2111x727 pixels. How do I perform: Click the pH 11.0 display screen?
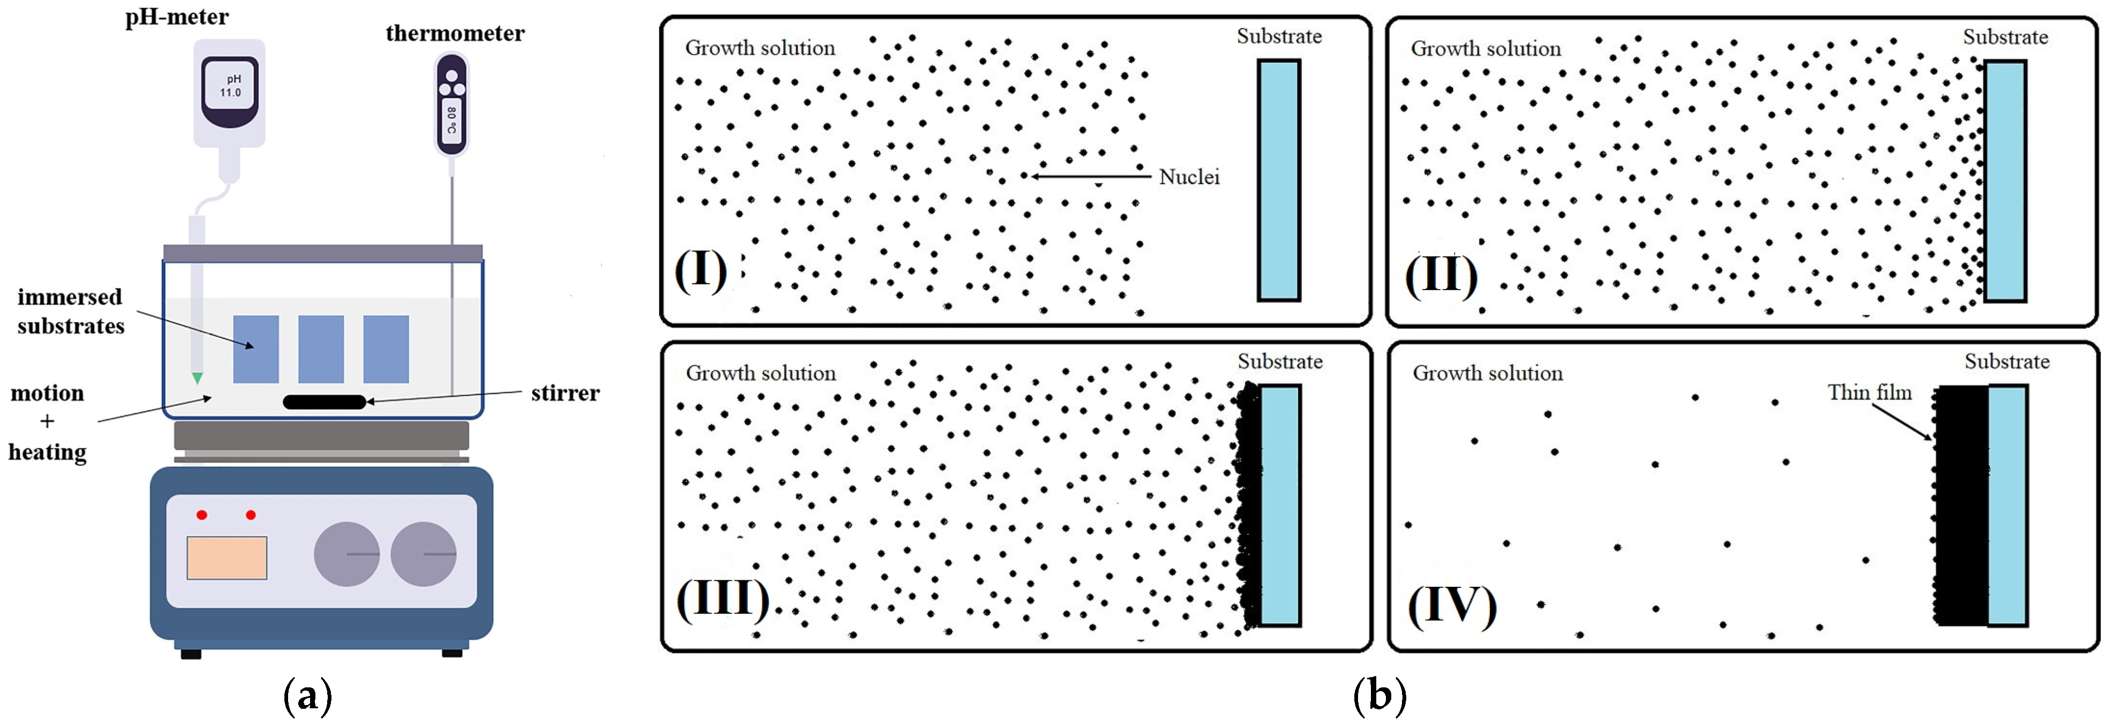pyautogui.click(x=230, y=86)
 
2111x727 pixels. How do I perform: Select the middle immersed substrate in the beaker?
pyautogui.click(x=320, y=349)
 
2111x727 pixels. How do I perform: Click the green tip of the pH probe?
pyautogui.click(x=197, y=378)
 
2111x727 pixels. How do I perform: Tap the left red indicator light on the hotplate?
pyautogui.click(x=201, y=514)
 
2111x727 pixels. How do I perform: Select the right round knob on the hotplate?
pyautogui.click(x=423, y=554)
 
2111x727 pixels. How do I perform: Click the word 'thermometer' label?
pyautogui.click(x=455, y=34)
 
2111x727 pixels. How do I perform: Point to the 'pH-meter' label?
pyautogui.click(x=177, y=17)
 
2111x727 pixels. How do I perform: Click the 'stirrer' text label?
pyautogui.click(x=564, y=393)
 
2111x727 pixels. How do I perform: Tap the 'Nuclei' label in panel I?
pyautogui.click(x=1189, y=177)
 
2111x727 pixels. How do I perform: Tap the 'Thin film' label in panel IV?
pyautogui.click(x=1869, y=392)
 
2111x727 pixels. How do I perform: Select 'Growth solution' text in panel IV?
pyautogui.click(x=1487, y=374)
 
